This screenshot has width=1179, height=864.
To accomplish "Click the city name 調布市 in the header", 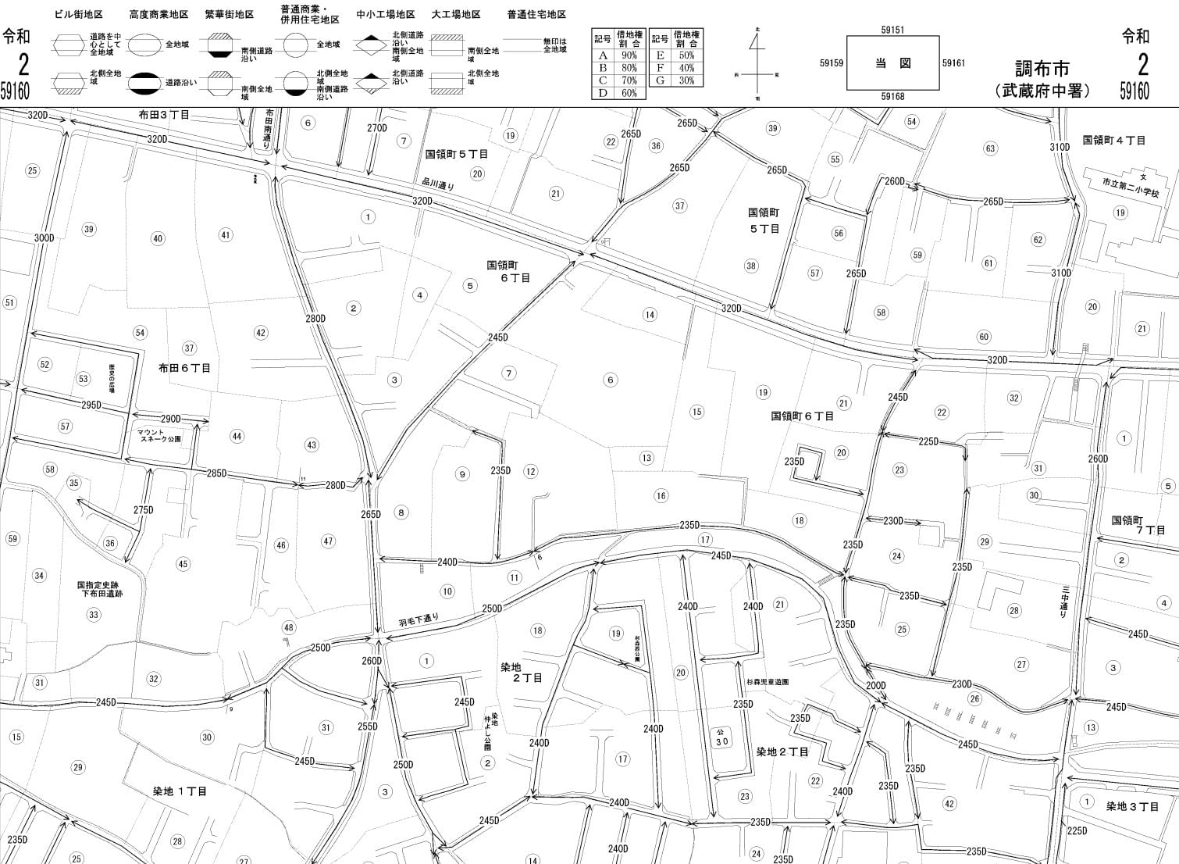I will [x=1042, y=69].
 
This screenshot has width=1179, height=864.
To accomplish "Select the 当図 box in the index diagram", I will [x=892, y=63].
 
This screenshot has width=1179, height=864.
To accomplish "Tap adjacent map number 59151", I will [x=892, y=30].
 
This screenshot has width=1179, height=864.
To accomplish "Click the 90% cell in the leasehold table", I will [x=629, y=55].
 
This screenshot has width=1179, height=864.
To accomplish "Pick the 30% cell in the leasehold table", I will [x=686, y=80].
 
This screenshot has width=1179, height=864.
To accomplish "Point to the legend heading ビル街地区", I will [x=79, y=15].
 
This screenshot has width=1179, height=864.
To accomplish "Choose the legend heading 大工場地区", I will [x=456, y=15].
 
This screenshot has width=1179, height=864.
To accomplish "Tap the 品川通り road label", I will [x=437, y=185].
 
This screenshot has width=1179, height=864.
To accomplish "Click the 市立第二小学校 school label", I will [x=1131, y=182].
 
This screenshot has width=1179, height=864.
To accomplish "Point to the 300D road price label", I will [x=44, y=238].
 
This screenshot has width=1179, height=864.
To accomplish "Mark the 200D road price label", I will [x=876, y=686].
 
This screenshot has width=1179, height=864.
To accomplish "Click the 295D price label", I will [x=91, y=405].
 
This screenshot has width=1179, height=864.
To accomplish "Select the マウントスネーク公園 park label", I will [x=159, y=435].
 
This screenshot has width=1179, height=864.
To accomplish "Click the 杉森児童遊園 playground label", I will [x=767, y=682].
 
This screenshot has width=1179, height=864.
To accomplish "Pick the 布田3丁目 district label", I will [x=164, y=115].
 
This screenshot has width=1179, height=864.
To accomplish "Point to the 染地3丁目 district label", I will [x=1132, y=806].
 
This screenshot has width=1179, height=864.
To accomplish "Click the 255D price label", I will [x=368, y=727].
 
